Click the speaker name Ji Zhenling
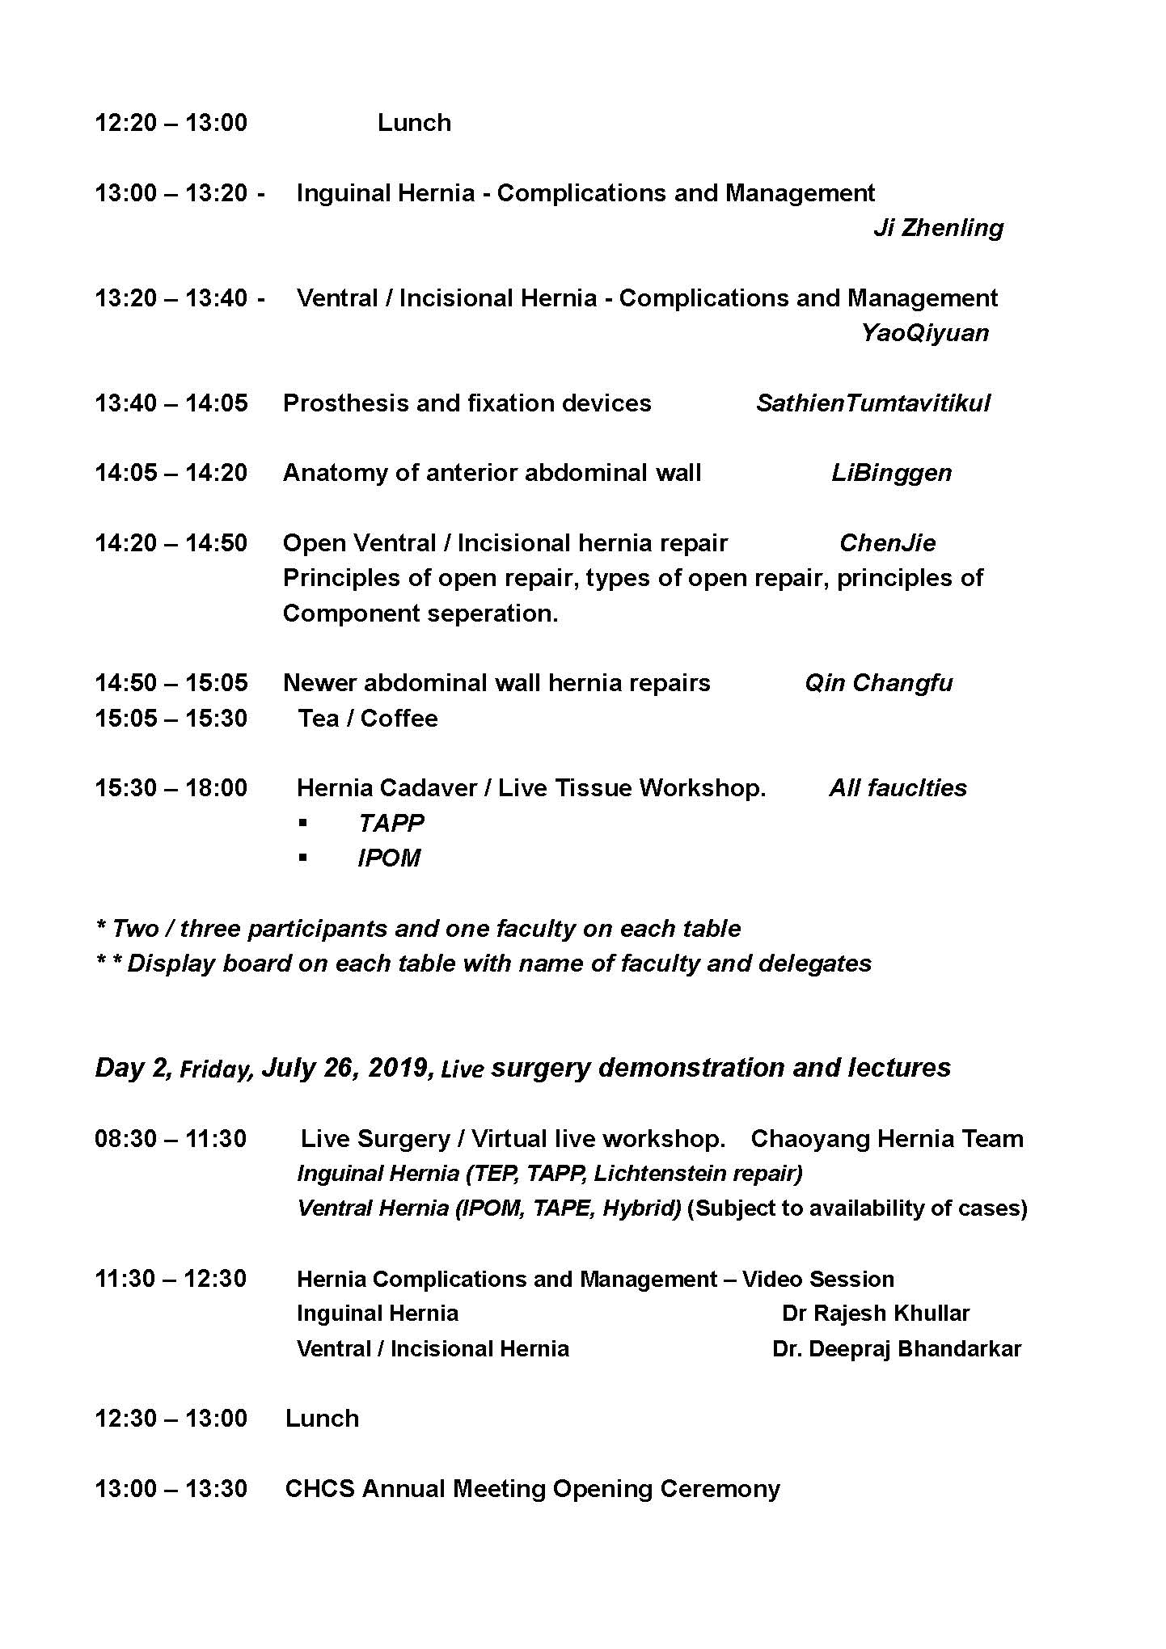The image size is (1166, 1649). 938,228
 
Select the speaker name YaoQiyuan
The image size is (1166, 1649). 924,333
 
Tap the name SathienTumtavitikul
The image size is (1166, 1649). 872,403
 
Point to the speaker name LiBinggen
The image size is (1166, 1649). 891,473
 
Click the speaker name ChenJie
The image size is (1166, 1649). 887,543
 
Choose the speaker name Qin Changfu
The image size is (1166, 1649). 878,683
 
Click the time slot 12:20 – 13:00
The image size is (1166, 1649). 171,123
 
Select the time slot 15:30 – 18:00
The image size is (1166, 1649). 171,788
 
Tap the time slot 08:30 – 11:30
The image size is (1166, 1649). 171,1139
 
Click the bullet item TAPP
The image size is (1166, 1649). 391,823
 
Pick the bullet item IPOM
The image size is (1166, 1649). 389,858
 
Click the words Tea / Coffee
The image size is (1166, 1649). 368,719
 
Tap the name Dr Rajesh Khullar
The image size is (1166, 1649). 875,1314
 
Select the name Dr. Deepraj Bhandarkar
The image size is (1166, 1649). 896,1349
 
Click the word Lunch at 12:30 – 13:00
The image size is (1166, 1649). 322,1419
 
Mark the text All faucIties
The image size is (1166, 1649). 898,788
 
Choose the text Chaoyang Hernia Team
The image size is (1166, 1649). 886,1139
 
